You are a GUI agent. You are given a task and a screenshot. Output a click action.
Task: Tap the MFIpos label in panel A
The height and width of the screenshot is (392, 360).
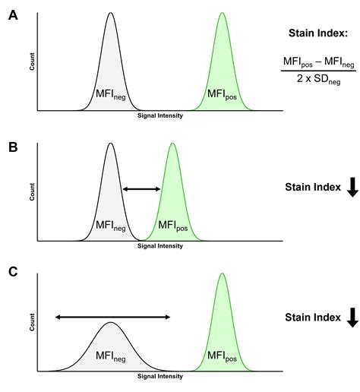(222, 95)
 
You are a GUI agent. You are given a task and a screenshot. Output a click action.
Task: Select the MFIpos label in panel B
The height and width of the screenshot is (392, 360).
(173, 225)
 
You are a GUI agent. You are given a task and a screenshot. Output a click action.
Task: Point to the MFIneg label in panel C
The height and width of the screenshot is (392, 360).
(111, 355)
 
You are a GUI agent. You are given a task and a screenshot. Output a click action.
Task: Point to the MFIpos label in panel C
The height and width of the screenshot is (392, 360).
(222, 355)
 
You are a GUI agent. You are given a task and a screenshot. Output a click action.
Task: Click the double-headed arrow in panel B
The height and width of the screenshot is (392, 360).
(142, 189)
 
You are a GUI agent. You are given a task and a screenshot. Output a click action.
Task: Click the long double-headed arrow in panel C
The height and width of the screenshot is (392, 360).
(112, 317)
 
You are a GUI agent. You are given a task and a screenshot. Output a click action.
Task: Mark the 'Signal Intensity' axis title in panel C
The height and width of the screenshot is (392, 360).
(159, 377)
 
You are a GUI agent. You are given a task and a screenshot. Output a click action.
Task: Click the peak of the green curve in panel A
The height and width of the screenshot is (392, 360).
(222, 14)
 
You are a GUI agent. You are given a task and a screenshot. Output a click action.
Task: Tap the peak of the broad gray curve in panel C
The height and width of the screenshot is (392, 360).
(111, 323)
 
